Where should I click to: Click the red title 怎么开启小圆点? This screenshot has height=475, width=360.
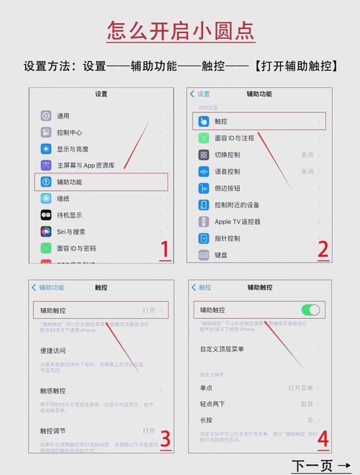coord(180,31)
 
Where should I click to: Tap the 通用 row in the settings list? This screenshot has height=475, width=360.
coord(63,116)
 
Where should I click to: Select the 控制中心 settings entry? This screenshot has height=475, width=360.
coord(69,132)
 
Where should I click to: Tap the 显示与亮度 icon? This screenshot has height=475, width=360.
coord(46,149)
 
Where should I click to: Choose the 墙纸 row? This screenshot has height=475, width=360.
coord(63,199)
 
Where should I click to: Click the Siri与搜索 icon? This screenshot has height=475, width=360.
coord(46,232)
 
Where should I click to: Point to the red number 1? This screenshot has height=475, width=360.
coord(164,250)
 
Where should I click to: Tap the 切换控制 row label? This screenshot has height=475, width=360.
coord(228,155)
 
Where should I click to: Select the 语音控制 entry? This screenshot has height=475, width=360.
coord(228,171)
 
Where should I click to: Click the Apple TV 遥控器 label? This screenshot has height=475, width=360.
coord(238,222)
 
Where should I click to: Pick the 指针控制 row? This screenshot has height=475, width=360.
coord(228,238)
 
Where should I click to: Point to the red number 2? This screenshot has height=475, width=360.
coord(323,250)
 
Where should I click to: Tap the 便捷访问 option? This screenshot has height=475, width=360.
coord(53,351)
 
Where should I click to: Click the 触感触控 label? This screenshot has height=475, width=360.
coord(53,391)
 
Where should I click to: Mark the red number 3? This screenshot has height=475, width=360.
coord(164,438)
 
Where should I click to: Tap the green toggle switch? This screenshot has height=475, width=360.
coord(310,309)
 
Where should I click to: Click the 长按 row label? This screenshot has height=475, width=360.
coord(206,420)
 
